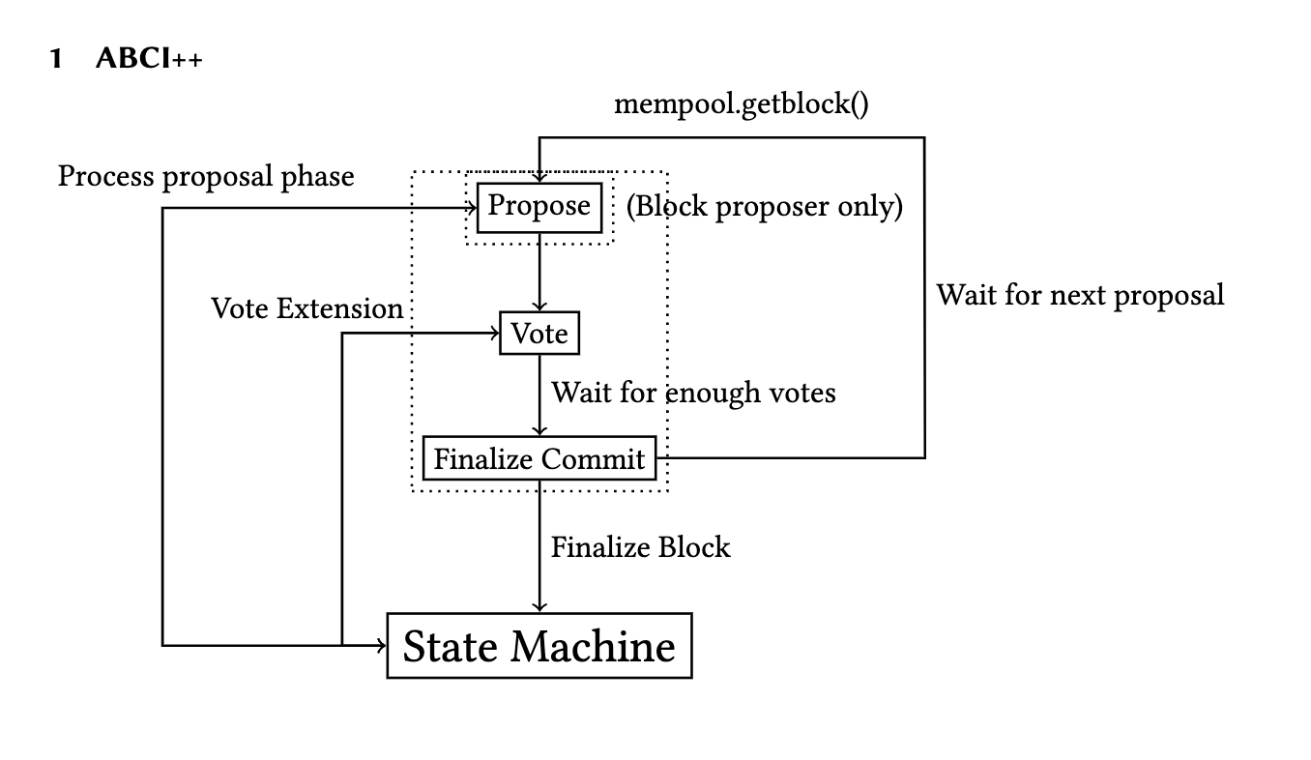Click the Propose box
(539, 206)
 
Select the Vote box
(539, 334)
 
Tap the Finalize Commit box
(539, 458)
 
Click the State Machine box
(539, 646)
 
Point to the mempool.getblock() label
(742, 103)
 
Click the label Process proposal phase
(206, 176)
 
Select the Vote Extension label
(307, 308)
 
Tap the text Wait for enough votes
(693, 393)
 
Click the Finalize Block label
(640, 547)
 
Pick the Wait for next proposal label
(1080, 294)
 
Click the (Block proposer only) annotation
(764, 206)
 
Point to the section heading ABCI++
(150, 60)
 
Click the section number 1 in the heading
(56, 60)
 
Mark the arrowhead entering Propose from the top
(539, 177)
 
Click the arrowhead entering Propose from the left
(473, 207)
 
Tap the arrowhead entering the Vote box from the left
(494, 335)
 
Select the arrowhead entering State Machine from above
(539, 607)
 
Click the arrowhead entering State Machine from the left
(381, 645)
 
